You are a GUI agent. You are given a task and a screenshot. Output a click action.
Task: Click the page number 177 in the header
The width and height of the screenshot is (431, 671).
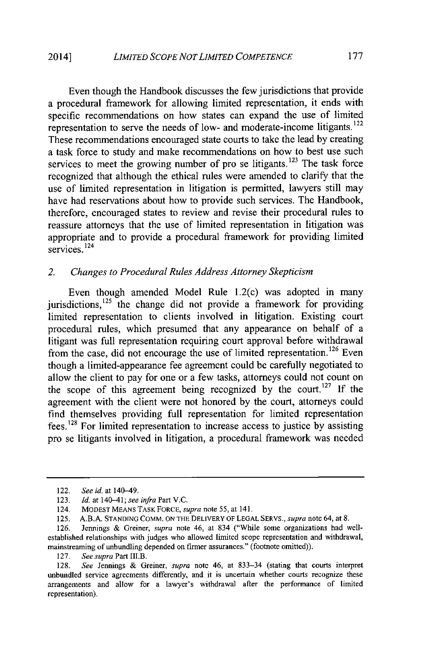click(x=355, y=56)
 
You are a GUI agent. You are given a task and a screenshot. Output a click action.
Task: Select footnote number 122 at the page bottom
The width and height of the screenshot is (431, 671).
click(x=61, y=491)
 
